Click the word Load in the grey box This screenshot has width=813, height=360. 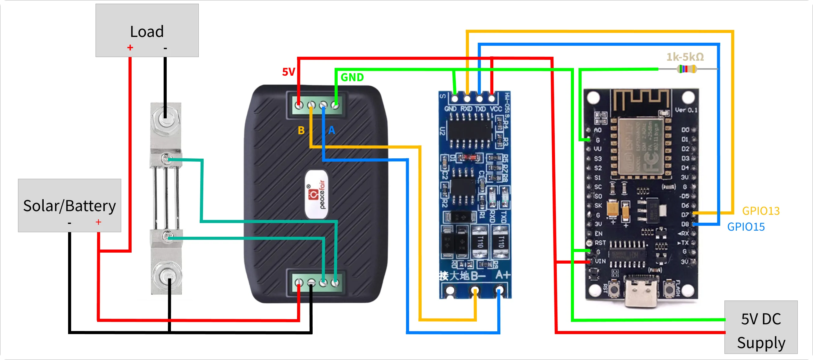pyautogui.click(x=147, y=31)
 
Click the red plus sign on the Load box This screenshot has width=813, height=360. pyautogui.click(x=130, y=48)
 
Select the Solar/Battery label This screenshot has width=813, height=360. pyautogui.click(x=69, y=206)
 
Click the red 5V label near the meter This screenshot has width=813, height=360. pyautogui.click(x=288, y=72)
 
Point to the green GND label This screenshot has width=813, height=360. pyautogui.click(x=352, y=77)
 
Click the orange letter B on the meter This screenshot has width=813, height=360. pyautogui.click(x=301, y=130)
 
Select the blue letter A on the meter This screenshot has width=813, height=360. pyautogui.click(x=331, y=130)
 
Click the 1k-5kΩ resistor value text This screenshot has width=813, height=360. pyautogui.click(x=685, y=57)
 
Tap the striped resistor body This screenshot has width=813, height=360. pyautogui.click(x=687, y=69)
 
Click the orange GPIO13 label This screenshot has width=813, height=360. pyautogui.click(x=760, y=211)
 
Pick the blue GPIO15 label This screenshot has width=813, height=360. pyautogui.click(x=746, y=227)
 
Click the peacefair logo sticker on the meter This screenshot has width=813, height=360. pyautogui.click(x=317, y=194)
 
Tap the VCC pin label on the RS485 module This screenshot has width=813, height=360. pyautogui.click(x=495, y=109)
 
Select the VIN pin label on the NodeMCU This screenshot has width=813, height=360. pyautogui.click(x=600, y=261)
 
